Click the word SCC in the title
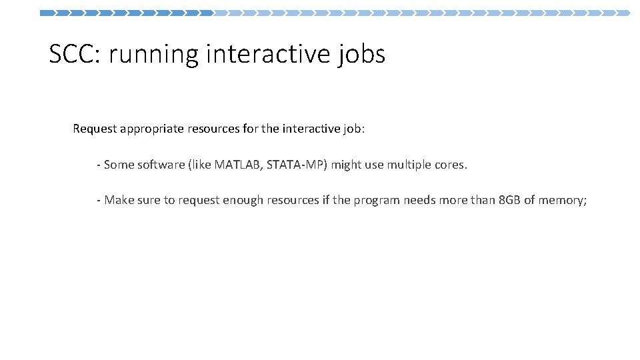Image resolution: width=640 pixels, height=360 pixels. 71,54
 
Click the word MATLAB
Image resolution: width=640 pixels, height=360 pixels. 237,164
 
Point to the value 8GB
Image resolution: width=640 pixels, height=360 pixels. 510,199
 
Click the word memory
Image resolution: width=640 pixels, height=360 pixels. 562,199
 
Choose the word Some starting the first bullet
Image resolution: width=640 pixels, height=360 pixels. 119,164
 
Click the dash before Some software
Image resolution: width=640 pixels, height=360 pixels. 99,165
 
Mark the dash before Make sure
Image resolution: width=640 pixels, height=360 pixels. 99,200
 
